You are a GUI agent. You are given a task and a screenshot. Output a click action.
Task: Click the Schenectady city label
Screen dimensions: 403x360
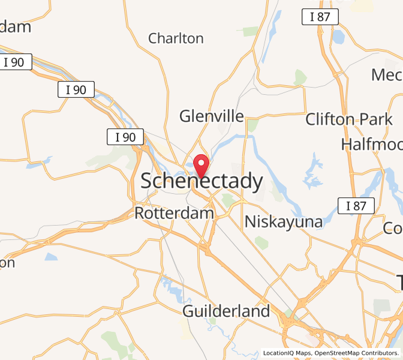[201, 181]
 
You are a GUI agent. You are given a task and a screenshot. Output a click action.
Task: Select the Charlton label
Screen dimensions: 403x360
[176, 38]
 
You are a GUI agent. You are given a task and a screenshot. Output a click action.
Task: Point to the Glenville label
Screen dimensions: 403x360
[212, 116]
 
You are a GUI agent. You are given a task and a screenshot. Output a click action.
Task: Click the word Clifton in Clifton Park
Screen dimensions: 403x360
[330, 119]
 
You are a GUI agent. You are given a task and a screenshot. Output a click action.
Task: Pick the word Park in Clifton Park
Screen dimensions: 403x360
[376, 119]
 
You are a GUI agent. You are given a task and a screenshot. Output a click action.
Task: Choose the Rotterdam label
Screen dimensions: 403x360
[174, 213]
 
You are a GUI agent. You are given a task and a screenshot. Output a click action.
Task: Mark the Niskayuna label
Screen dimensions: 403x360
[283, 222]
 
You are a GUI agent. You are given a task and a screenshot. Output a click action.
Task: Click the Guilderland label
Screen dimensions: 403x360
[226, 311]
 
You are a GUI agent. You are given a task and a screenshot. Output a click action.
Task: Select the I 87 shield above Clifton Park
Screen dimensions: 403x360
[320, 17]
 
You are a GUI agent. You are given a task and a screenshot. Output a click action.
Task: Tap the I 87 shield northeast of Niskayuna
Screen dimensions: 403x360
[356, 206]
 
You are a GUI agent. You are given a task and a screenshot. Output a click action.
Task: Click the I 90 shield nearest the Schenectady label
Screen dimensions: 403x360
[125, 137]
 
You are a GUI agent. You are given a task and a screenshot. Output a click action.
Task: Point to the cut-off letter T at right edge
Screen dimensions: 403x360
[398, 281]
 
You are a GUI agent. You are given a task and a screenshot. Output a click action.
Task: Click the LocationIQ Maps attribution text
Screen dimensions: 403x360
[287, 353]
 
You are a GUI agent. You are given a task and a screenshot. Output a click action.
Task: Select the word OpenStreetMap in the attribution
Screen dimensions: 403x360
[340, 353]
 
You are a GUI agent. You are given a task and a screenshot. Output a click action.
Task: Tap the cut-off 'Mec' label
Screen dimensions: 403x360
[387, 75]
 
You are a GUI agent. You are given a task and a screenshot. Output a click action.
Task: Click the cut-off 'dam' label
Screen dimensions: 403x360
[16, 27]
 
